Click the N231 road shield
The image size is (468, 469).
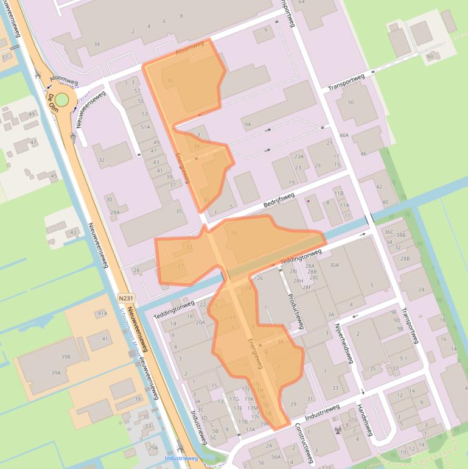[126, 298]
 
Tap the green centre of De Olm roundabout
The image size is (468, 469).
[62, 99]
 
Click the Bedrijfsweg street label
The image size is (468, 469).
[279, 200]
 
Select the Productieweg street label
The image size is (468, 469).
[295, 309]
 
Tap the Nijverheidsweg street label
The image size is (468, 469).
[344, 343]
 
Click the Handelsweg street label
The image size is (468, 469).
[365, 420]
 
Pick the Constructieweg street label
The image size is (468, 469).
[306, 443]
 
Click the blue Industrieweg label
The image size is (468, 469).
[181, 458]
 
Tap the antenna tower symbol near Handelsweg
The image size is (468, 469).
[338, 430]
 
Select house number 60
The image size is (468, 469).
[430, 57]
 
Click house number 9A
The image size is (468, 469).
[248, 124]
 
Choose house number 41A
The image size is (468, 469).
[102, 313]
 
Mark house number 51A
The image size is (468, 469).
[145, 127]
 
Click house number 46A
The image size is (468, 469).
[344, 135]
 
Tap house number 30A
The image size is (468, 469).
[334, 265]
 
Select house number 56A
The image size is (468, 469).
[276, 457]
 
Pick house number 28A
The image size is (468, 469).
[115, 212]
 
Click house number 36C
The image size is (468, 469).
[389, 231]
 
